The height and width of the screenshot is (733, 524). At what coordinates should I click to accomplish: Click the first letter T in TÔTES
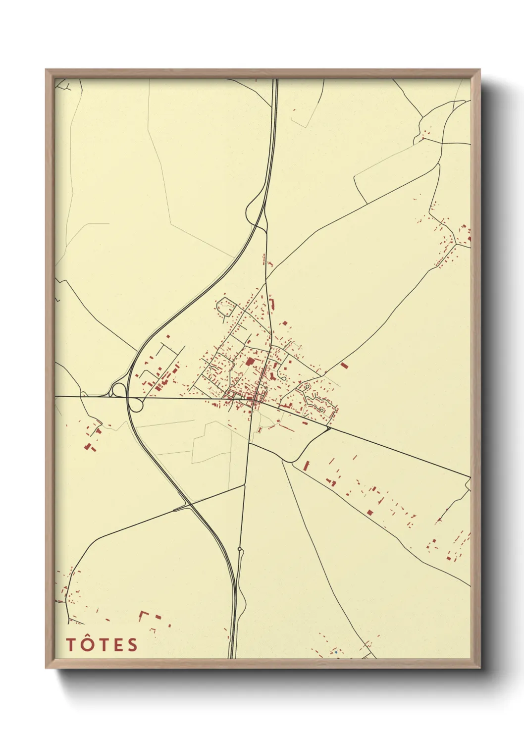[70, 645]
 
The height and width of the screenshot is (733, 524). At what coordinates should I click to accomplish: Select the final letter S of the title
[132, 645]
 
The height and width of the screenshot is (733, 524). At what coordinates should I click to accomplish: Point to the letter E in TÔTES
[117, 645]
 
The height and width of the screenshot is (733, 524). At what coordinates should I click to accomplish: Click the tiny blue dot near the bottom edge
[336, 652]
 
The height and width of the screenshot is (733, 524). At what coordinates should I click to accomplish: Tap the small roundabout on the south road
[240, 549]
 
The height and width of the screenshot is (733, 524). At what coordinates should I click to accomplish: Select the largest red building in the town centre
[250, 362]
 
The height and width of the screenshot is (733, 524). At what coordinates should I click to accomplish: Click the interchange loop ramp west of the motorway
[118, 390]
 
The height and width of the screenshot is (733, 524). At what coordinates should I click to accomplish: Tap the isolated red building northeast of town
[344, 366]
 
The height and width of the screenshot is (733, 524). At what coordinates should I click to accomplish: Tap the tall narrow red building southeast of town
[307, 466]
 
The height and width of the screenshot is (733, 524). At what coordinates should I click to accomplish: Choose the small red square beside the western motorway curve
[168, 337]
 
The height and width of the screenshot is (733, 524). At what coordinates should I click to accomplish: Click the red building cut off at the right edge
[469, 239]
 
